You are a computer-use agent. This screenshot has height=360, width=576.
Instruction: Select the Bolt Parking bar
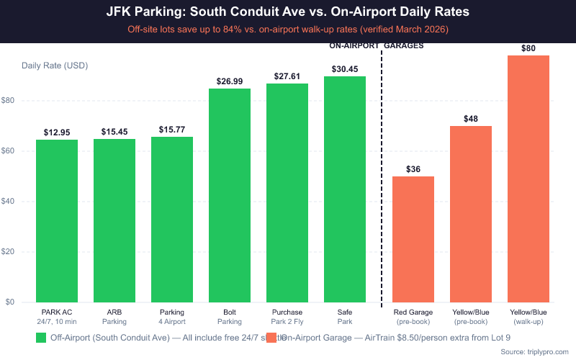tap(230, 195)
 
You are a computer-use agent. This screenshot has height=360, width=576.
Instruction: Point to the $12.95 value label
tap(57, 132)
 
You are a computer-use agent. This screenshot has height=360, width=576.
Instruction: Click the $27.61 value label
tap(287, 76)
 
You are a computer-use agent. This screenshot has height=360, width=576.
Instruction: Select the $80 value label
tap(528, 48)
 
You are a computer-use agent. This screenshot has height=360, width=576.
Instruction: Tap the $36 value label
tap(413, 169)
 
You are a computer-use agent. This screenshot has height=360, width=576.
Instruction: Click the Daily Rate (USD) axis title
tap(55, 66)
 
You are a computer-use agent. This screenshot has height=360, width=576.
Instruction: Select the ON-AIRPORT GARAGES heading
tap(377, 45)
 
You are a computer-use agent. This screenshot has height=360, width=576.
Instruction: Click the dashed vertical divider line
tap(380, 180)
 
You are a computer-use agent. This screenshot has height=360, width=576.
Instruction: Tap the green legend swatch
tap(41, 337)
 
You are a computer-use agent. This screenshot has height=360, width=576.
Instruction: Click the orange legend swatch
tap(271, 337)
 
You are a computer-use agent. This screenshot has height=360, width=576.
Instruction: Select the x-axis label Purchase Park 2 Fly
tap(287, 317)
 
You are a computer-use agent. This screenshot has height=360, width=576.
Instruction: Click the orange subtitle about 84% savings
tap(288, 30)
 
